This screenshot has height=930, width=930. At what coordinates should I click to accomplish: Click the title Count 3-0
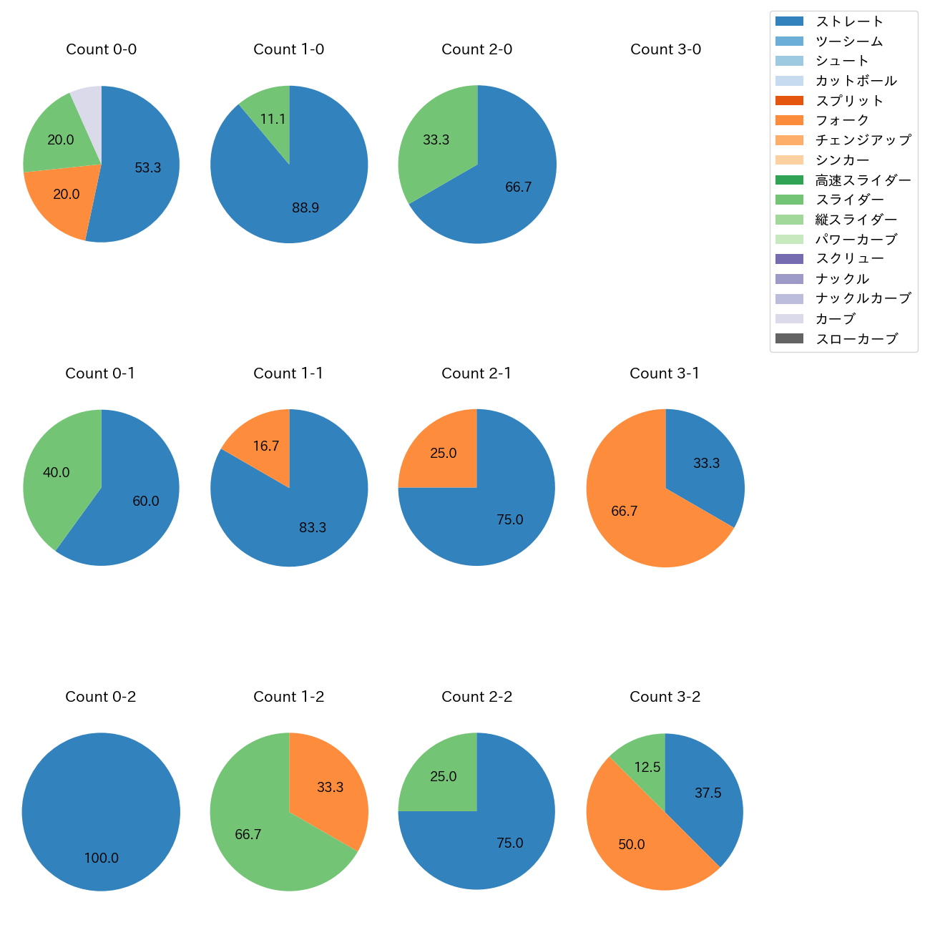point(665,49)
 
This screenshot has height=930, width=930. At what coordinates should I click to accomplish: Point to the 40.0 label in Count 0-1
point(57,472)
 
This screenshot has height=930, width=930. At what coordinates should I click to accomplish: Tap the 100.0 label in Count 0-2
point(102,858)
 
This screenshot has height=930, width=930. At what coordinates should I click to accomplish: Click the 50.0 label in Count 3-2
point(632,844)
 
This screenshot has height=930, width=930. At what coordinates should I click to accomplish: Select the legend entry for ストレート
point(849,21)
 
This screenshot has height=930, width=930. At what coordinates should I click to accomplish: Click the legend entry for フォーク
point(842,120)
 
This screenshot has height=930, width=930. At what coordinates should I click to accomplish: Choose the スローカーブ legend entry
point(856,338)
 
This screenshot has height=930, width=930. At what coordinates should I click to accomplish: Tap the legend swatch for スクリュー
point(789,259)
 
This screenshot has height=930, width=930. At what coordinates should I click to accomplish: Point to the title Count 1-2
point(289,697)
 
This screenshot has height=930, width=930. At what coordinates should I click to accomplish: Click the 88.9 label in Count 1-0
point(305,208)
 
